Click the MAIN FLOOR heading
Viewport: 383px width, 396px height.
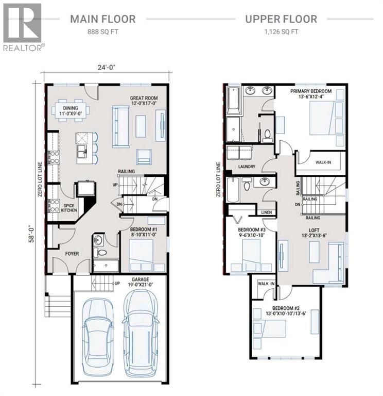[x=102, y=20]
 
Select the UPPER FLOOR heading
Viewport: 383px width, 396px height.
[x=281, y=20]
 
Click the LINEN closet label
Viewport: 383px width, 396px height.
[x=266, y=212]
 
